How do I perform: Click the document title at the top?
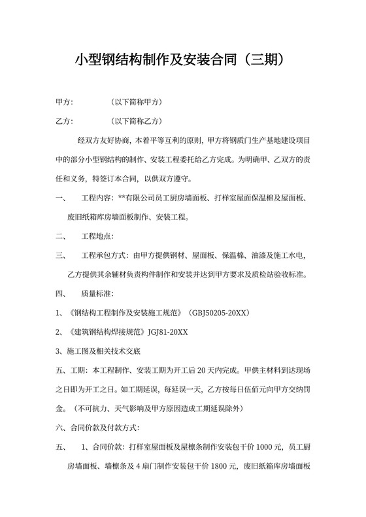pyautogui.click(x=182, y=60)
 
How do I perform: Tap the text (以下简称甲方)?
pyautogui.click(x=137, y=103)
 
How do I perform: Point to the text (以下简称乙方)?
pyautogui.click(x=137, y=121)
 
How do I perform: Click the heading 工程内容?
pyautogui.click(x=97, y=198)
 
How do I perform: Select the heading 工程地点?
pyautogui.click(x=97, y=236)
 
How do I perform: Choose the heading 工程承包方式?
pyautogui.click(x=105, y=255)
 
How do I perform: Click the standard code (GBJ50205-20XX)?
pyautogui.click(x=219, y=313)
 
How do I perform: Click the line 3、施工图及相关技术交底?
pyautogui.click(x=103, y=351)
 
